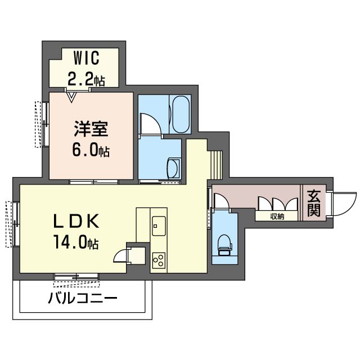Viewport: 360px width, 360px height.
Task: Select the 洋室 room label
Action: tap(91, 129)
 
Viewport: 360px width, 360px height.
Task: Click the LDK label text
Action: tap(76, 220)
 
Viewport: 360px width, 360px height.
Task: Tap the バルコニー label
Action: tap(83, 298)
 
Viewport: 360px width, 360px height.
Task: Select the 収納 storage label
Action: tap(277, 217)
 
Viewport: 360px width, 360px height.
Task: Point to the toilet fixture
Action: tap(224, 245)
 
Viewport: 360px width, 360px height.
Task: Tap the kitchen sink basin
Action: tap(159, 226)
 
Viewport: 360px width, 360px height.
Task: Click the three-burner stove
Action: tap(159, 260)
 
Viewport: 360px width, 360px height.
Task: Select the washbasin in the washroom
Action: tap(174, 168)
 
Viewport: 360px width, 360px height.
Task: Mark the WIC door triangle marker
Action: tap(71, 97)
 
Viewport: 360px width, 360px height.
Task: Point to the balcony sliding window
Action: tap(76, 276)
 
